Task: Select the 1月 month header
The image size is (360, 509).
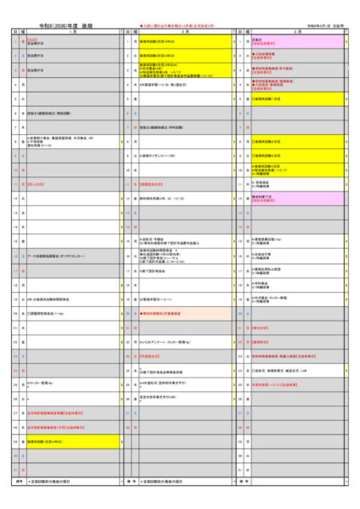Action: (x=72, y=31)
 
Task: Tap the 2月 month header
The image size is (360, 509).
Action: (x=183, y=31)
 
